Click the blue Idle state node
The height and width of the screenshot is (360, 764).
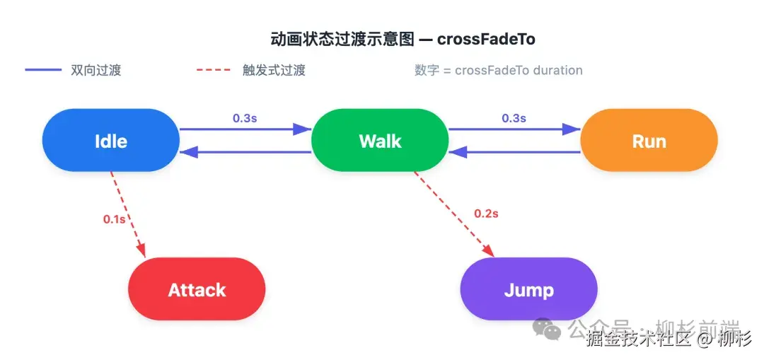tap(111, 140)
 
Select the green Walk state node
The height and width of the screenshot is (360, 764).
tap(380, 140)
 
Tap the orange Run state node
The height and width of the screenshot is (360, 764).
tap(649, 140)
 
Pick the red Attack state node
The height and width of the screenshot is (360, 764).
tap(197, 289)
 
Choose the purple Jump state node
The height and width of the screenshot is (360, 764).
tap(528, 289)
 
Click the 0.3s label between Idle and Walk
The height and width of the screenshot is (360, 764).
tap(245, 118)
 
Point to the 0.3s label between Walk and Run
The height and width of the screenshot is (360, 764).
tap(514, 118)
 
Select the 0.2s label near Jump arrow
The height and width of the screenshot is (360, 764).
tap(486, 213)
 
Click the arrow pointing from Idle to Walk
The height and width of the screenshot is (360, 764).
tap(245, 129)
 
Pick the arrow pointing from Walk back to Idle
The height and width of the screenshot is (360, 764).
tap(245, 152)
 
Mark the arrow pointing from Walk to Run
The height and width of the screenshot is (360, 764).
tap(514, 129)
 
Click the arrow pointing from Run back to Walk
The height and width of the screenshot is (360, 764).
tap(514, 152)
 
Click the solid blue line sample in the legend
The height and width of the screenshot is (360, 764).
tap(43, 70)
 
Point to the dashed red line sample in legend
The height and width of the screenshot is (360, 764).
tap(213, 70)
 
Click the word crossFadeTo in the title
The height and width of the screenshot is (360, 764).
tap(486, 40)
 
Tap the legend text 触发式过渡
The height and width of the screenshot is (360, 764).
tap(274, 71)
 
